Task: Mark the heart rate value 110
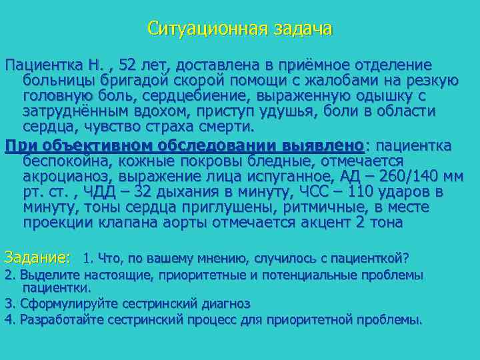375,191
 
